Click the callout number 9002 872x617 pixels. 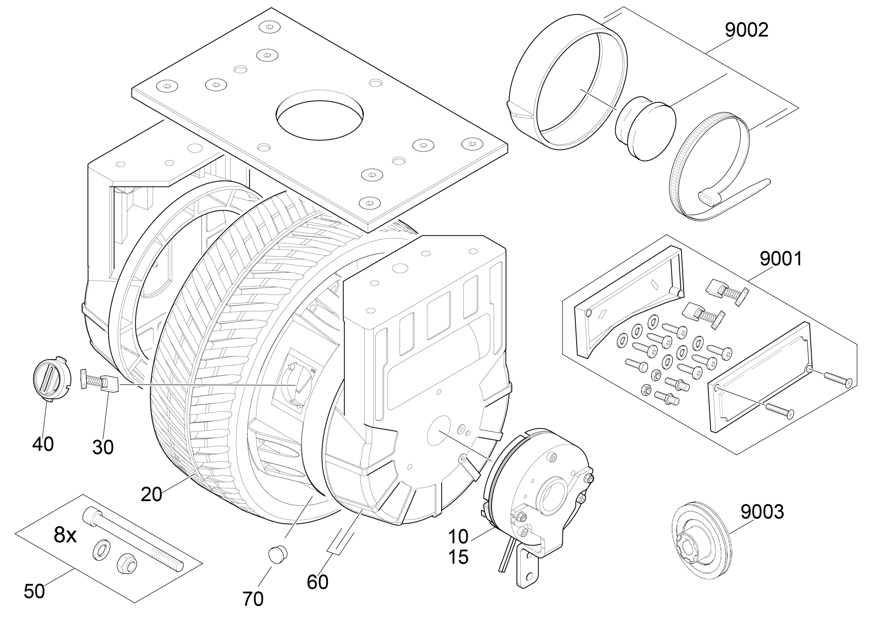click(x=747, y=30)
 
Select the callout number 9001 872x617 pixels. click(x=781, y=259)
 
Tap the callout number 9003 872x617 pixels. click(x=762, y=512)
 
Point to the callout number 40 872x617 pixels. click(x=43, y=444)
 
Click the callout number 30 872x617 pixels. click(x=103, y=447)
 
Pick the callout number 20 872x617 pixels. click(x=151, y=494)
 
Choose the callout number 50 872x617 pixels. click(x=34, y=591)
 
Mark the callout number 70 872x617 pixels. click(x=253, y=599)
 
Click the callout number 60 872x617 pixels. click(x=317, y=582)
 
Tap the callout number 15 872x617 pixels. click(x=458, y=557)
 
